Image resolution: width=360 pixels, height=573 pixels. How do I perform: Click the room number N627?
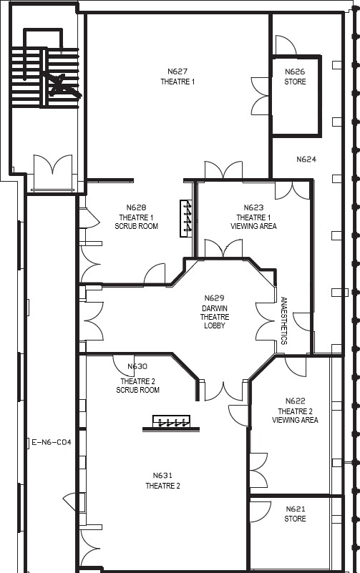coord(177,72)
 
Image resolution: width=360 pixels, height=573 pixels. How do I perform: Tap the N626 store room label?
coord(295,77)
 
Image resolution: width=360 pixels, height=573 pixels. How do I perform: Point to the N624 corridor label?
coord(306,160)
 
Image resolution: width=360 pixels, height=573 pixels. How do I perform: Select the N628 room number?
coord(136,207)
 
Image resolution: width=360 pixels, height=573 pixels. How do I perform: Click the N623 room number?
coord(253,207)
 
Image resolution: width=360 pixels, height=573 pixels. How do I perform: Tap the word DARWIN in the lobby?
coord(215,308)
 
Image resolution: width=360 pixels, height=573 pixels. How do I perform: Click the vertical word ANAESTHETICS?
coord(284,320)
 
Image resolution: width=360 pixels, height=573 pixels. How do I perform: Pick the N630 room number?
coord(137,366)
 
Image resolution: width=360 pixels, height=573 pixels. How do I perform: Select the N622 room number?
coord(296,401)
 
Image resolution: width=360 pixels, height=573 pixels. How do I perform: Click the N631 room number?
coord(162,476)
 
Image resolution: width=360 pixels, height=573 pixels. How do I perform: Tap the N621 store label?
coord(296,514)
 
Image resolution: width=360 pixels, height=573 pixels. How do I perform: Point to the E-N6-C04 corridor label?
coord(52,443)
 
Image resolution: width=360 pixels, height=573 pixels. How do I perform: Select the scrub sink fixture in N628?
coord(186,218)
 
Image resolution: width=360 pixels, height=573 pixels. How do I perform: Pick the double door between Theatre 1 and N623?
coord(223,170)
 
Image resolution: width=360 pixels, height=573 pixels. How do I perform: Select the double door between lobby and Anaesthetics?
coord(265,322)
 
